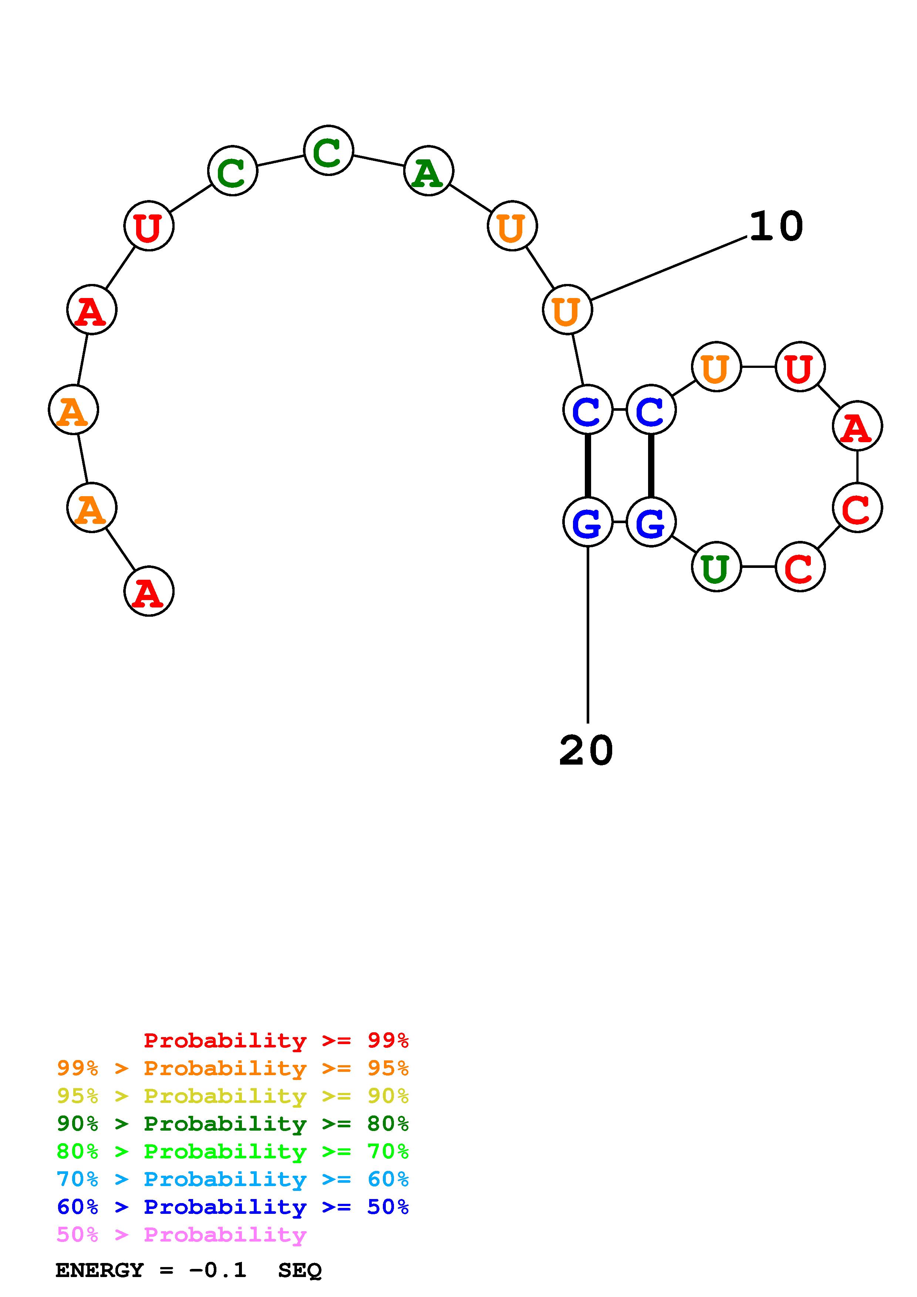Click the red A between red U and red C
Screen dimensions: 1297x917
coord(857,427)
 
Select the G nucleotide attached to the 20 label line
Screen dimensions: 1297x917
coord(588,522)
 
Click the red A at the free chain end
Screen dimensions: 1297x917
coord(149,592)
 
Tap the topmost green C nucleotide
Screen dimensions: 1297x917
coord(328,151)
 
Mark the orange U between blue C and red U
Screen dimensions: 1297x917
coord(716,367)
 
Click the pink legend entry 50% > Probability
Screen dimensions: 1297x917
coord(181,1234)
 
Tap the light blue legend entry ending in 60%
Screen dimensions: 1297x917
coord(232,1179)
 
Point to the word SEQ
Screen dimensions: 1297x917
coord(300,1270)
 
